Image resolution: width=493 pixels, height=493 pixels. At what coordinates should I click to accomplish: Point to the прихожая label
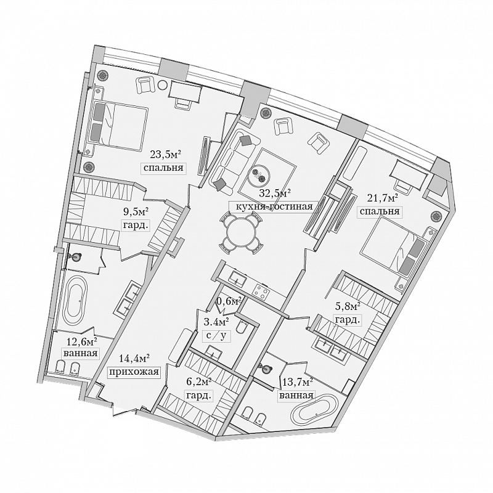click(133, 372)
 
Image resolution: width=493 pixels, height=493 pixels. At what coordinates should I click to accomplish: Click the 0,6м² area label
click(229, 301)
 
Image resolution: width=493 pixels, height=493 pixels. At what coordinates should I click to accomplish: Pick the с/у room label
click(216, 336)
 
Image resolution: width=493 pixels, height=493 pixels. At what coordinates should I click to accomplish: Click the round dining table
click(241, 232)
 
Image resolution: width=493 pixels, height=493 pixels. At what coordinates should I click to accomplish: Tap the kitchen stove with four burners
click(261, 291)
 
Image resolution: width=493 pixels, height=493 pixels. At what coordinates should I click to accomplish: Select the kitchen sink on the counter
click(237, 278)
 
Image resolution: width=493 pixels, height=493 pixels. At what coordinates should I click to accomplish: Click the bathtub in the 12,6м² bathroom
click(75, 301)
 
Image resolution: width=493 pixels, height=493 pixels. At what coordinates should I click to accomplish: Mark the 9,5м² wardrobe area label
click(136, 211)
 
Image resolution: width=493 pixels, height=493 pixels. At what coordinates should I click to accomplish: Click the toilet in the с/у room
click(242, 329)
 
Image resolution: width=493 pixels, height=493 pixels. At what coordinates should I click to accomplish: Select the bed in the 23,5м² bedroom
click(120, 125)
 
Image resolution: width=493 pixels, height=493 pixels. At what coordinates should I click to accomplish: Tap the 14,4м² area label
click(134, 358)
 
